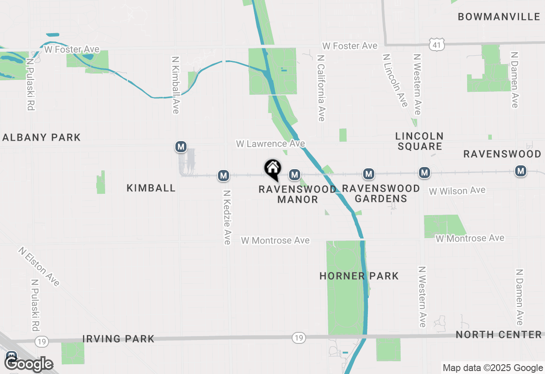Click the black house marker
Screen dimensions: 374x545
[272, 169]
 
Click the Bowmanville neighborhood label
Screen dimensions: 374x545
[499, 17]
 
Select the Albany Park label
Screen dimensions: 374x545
[42, 137]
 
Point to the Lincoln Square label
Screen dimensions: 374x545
[419, 141]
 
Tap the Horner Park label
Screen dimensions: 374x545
[359, 276]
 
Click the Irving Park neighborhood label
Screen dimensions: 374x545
[118, 339]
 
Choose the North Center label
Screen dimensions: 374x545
[499, 334]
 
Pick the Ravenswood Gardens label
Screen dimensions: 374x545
[381, 193]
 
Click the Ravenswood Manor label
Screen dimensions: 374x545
[298, 194]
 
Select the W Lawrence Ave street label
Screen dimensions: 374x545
[271, 144]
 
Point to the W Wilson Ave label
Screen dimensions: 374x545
[457, 191]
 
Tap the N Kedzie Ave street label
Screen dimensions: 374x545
[227, 217]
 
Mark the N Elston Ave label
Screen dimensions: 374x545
[39, 266]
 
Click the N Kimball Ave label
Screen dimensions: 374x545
[175, 85]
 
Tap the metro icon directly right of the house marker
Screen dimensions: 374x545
[294, 174]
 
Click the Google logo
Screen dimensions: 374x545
[29, 364]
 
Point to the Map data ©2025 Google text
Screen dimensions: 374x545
[493, 368]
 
